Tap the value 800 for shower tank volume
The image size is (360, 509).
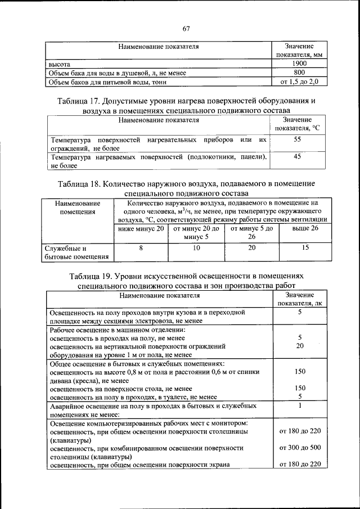click(299, 73)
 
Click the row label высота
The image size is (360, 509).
click(59, 65)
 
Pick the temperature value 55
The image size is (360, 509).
click(298, 139)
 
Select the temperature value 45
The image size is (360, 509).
click(298, 157)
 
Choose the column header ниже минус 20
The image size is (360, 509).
click(141, 228)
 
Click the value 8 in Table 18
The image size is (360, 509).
click(141, 247)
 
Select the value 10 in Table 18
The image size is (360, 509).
click(196, 247)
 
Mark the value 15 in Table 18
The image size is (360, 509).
click(305, 247)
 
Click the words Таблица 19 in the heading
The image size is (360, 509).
click(91, 277)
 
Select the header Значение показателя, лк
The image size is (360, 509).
click(299, 299)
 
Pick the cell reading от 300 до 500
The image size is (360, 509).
click(300, 448)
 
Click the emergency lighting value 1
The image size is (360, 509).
click(300, 405)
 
